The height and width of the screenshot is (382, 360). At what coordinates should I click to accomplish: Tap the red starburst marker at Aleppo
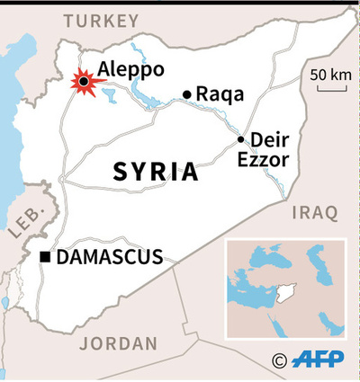pos(85,83)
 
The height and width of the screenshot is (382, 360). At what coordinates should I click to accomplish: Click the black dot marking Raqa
pos(187,94)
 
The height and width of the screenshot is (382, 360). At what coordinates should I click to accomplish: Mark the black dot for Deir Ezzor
pos(240,139)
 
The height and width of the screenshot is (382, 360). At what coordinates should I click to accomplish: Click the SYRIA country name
pos(155,172)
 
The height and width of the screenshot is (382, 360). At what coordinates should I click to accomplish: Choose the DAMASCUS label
pos(110,258)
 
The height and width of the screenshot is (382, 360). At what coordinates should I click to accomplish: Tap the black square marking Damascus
pos(45,259)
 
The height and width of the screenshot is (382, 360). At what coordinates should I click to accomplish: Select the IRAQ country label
pos(314,212)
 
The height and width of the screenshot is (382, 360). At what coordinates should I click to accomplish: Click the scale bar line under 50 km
pos(328,89)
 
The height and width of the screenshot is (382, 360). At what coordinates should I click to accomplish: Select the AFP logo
pos(319,360)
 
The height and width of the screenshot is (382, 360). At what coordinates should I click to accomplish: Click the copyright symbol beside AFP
pos(279,360)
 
